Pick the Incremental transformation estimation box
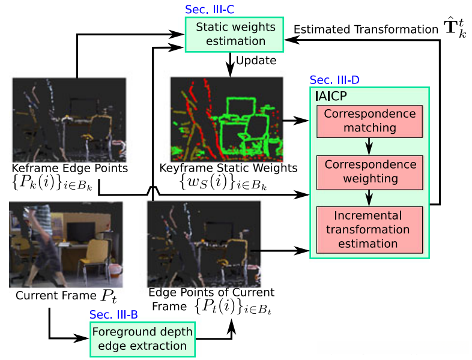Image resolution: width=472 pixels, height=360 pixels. tap(369, 229)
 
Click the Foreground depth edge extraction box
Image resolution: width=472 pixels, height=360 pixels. tap(142, 339)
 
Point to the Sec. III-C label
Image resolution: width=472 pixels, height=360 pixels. tap(209, 10)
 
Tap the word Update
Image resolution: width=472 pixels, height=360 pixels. tap(256, 61)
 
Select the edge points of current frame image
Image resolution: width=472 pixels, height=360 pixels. tap(199, 244)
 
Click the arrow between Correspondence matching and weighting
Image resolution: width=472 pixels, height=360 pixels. tap(369, 146)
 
